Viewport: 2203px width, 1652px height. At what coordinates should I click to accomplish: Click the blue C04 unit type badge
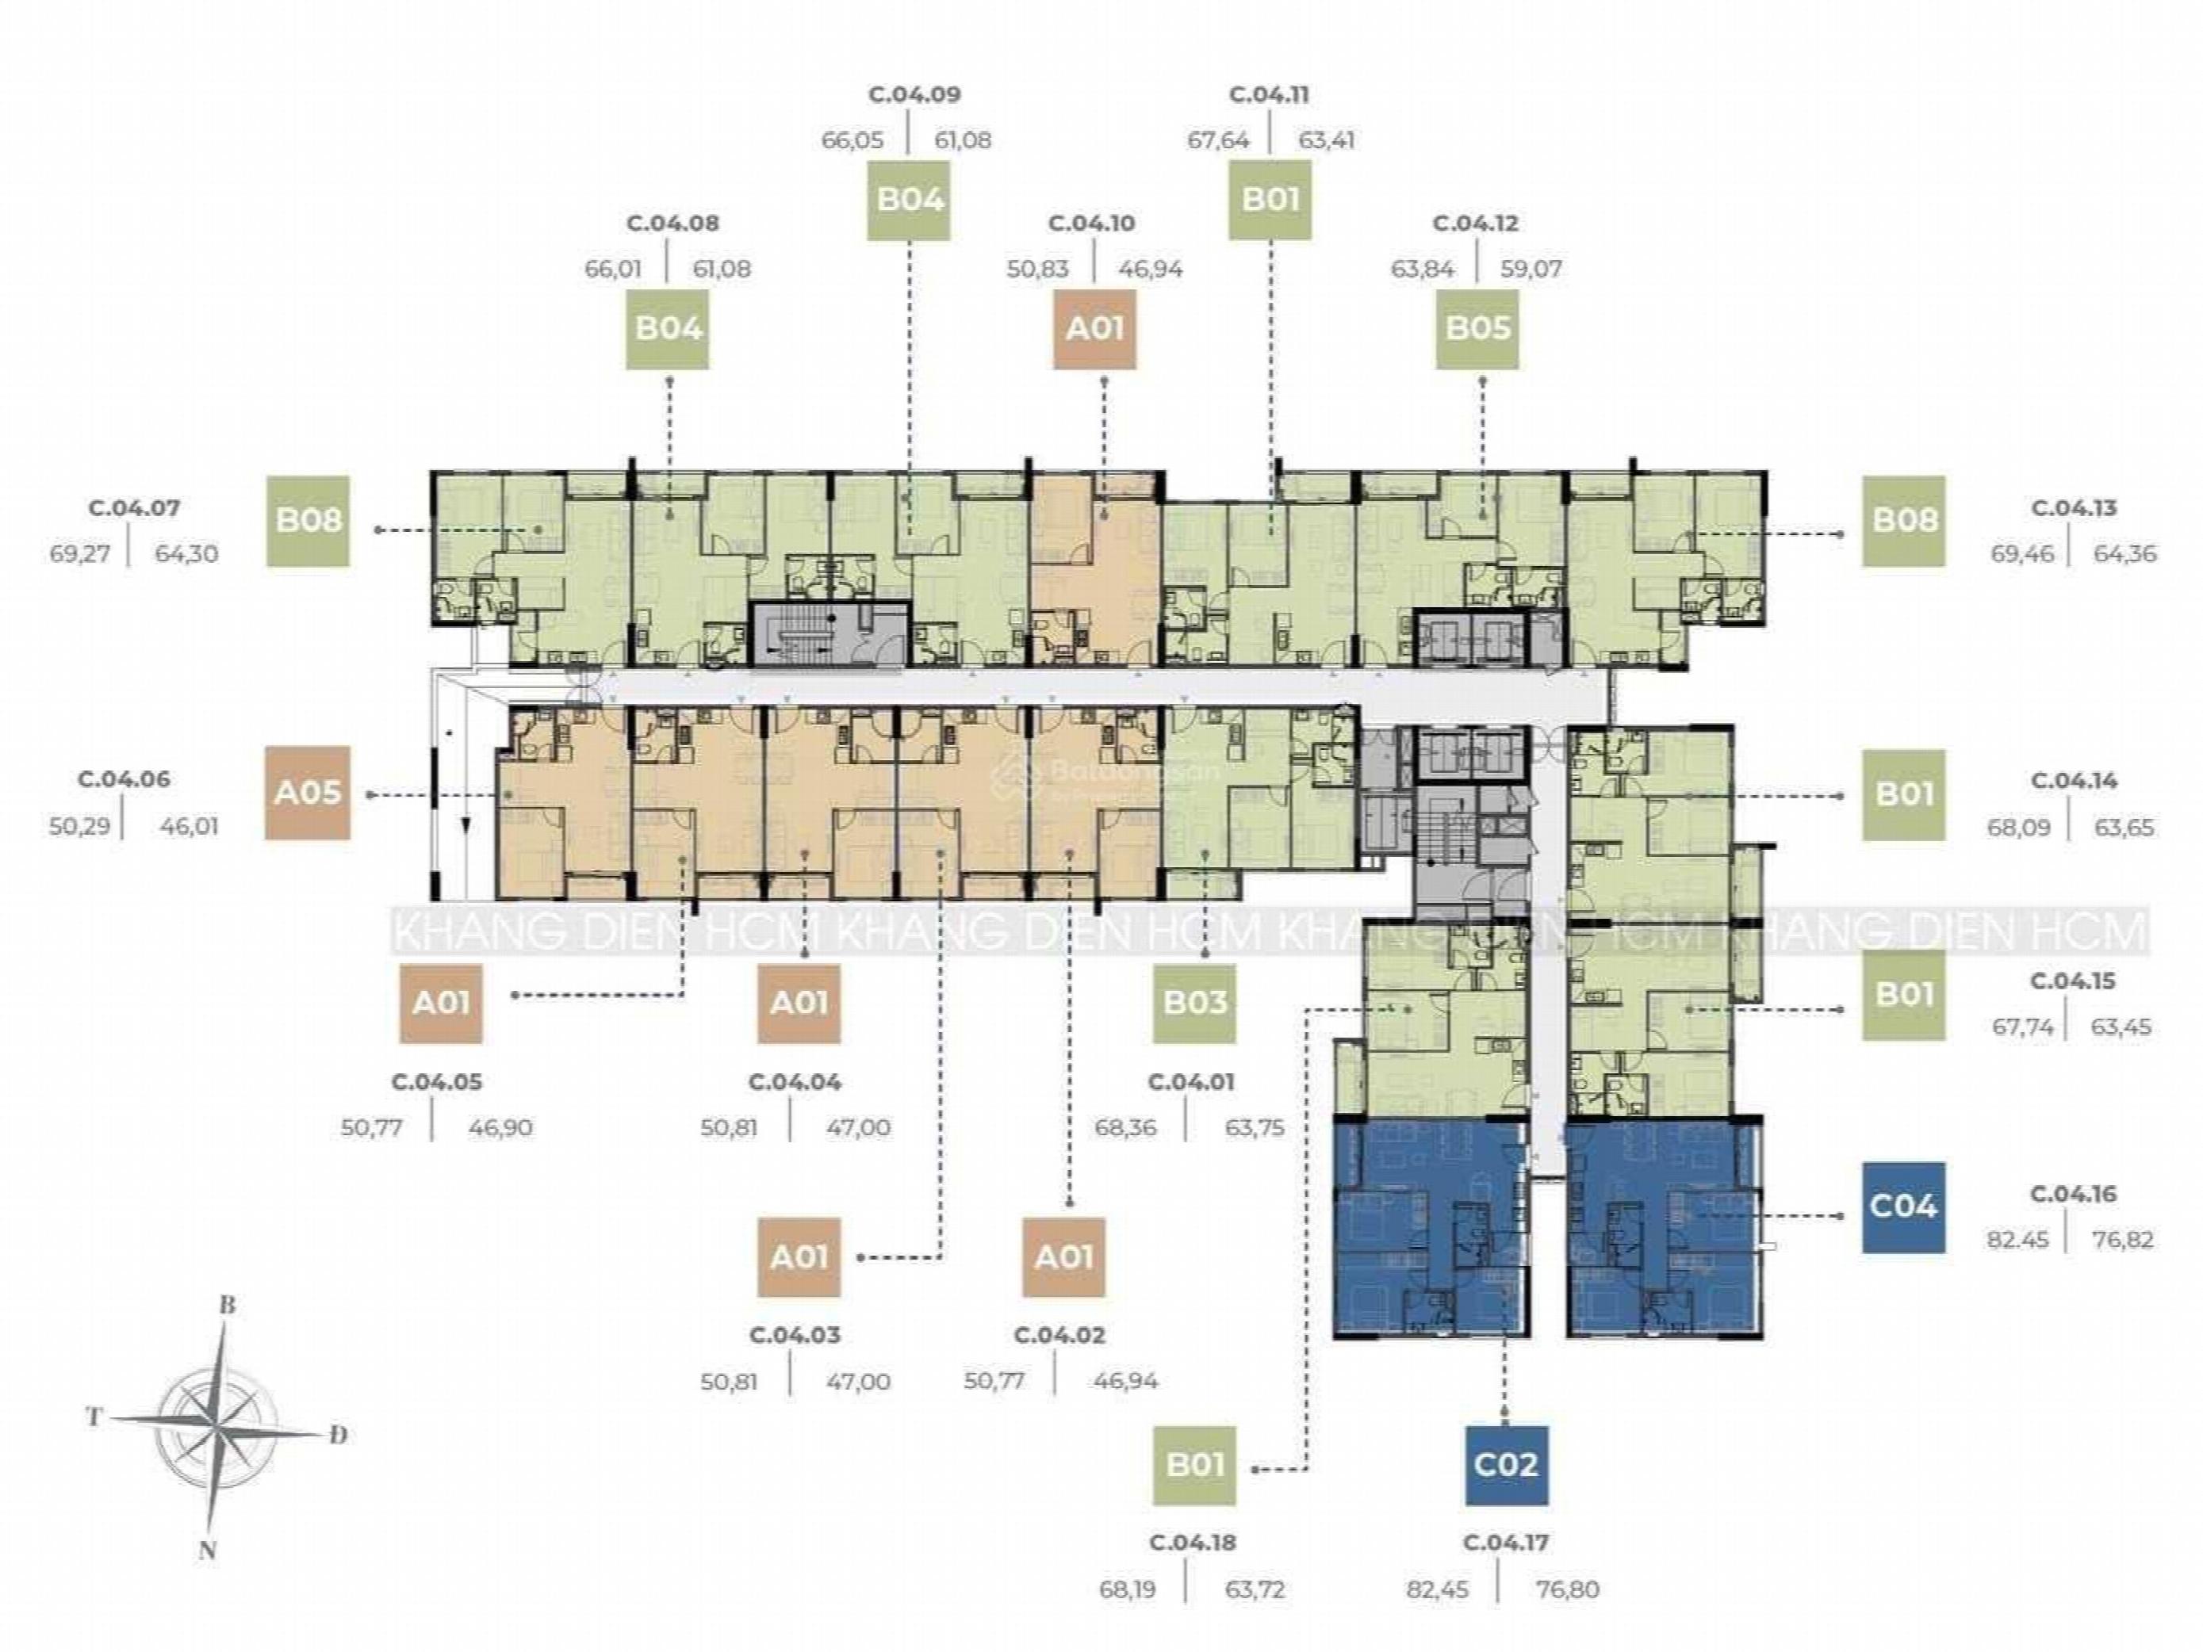pyautogui.click(x=1903, y=1206)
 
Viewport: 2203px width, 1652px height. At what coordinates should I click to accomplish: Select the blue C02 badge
pyautogui.click(x=1506, y=1465)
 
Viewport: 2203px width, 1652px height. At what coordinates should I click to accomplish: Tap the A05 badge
pyautogui.click(x=308, y=793)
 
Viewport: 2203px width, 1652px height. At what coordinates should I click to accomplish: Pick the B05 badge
pyautogui.click(x=1477, y=329)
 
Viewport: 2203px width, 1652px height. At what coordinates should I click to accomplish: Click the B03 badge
pyautogui.click(x=1195, y=1003)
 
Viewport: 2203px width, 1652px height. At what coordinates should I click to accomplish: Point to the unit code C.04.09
pyautogui.click(x=914, y=96)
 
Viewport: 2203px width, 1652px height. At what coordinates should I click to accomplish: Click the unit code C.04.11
pyautogui.click(x=1269, y=96)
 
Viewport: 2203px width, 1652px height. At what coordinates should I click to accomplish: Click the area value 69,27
pyautogui.click(x=78, y=553)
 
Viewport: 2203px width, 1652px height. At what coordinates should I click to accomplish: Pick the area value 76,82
pyautogui.click(x=2124, y=1240)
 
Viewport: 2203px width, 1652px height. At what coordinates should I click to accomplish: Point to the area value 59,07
pyautogui.click(x=1533, y=269)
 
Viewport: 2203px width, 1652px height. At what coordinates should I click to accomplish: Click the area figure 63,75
pyautogui.click(x=1254, y=1128)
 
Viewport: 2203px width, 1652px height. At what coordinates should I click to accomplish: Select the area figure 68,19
pyautogui.click(x=1128, y=1589)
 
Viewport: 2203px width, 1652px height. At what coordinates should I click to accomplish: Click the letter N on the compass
pyautogui.click(x=208, y=1550)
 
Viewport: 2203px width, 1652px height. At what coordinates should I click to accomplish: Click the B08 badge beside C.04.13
pyautogui.click(x=1903, y=521)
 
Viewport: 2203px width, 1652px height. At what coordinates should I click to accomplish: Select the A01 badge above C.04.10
pyautogui.click(x=1094, y=329)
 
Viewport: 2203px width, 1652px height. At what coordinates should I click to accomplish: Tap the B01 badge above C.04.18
pyautogui.click(x=1195, y=1465)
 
